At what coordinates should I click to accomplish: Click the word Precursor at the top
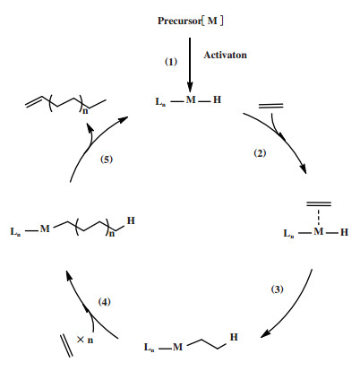[180, 21]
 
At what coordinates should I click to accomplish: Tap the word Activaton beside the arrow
[226, 55]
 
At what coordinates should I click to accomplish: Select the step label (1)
[171, 62]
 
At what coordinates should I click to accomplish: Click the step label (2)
[260, 153]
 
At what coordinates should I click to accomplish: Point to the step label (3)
[277, 289]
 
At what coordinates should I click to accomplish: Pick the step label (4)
[104, 302]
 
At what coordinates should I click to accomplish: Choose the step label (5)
[107, 160]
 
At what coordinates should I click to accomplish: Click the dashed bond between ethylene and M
[319, 217]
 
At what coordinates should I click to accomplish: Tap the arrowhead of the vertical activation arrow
[190, 87]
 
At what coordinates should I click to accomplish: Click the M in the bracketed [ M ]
[212, 21]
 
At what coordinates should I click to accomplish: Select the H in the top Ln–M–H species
[217, 99]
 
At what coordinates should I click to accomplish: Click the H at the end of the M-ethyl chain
[234, 337]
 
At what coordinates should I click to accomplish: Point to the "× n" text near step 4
[85, 340]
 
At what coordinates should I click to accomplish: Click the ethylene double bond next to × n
[66, 346]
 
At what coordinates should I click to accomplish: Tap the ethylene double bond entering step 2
[270, 106]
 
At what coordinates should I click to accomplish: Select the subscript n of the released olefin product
[85, 111]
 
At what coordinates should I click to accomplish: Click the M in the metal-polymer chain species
[45, 229]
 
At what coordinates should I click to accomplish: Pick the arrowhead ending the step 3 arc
[265, 333]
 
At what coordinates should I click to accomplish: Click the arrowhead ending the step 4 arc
[69, 275]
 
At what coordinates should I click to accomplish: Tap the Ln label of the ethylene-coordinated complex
[288, 233]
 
